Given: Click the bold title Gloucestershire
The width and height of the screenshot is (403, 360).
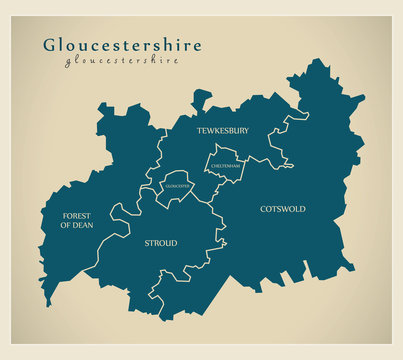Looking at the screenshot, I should [121, 45].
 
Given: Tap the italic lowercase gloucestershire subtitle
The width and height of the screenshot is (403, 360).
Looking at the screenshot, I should [121, 60].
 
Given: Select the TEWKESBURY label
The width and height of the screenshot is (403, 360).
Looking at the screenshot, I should [222, 131].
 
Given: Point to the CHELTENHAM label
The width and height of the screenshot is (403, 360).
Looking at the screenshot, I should [226, 163].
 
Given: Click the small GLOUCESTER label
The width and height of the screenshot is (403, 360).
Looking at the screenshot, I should [178, 186].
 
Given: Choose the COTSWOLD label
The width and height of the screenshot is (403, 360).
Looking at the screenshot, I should [283, 209].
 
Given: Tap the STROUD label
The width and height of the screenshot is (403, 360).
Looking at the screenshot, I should [160, 243].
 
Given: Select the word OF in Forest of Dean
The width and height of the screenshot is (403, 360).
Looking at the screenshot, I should [67, 226].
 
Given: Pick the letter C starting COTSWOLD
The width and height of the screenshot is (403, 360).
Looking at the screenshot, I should [263, 209].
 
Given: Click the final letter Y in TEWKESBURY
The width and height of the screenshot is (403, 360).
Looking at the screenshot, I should [246, 131].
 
